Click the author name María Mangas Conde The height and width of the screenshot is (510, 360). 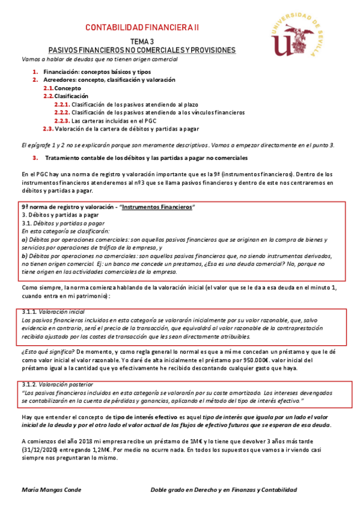(x=51, y=491)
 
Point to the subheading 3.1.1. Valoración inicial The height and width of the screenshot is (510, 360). (x=53, y=312)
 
